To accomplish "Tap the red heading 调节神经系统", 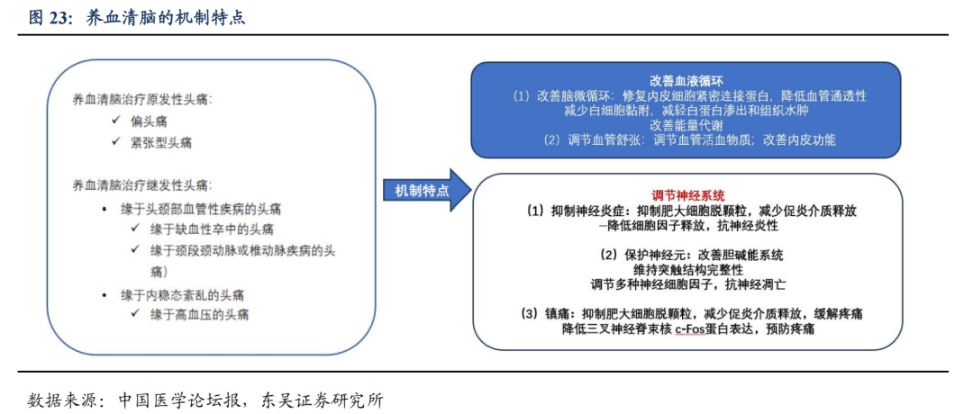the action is tap(688, 194).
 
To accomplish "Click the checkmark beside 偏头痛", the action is tap(114, 120).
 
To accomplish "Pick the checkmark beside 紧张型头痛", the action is tap(114, 141).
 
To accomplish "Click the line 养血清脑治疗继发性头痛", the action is tap(143, 185).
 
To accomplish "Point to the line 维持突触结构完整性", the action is tap(688, 268).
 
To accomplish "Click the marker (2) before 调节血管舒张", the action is tap(552, 140).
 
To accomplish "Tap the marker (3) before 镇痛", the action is tap(530, 313).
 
